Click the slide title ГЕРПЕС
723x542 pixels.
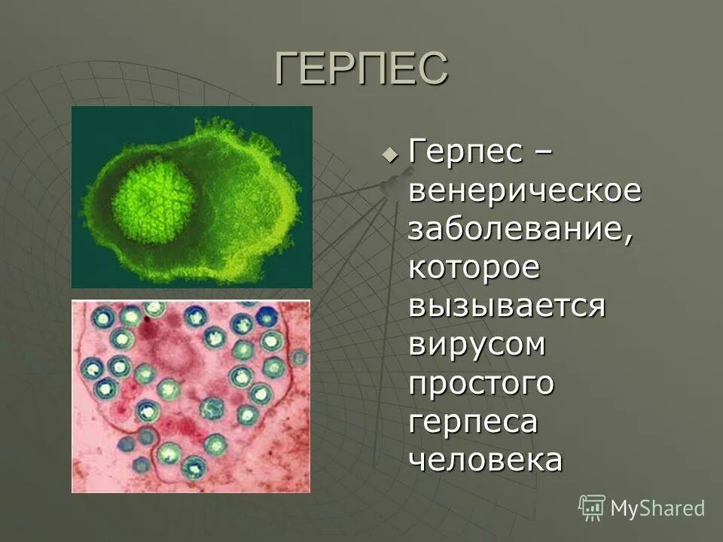point(361,69)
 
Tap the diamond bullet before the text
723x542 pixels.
point(389,154)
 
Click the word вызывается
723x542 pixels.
point(508,306)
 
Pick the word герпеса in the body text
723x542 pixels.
point(474,422)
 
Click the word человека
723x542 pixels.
point(486,459)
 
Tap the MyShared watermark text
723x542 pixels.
point(657,508)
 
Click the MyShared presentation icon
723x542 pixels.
point(592,508)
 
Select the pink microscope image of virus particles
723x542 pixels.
point(191,396)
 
